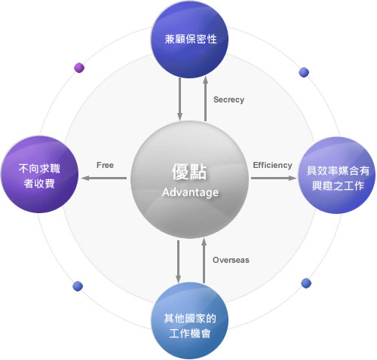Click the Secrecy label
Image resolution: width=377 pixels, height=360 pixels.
click(x=228, y=100)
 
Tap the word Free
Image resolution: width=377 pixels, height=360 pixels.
click(x=105, y=165)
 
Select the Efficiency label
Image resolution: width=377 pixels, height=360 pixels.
click(x=272, y=165)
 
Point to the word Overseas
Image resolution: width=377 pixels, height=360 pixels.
click(x=231, y=260)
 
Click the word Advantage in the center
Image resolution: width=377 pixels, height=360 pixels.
click(x=190, y=193)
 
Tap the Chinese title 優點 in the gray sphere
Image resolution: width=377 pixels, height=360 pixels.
click(x=189, y=172)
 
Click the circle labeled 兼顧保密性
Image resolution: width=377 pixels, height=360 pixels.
click(x=190, y=39)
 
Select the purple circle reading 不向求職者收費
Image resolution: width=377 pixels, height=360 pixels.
click(x=40, y=175)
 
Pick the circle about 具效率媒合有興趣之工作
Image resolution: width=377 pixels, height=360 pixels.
click(x=337, y=175)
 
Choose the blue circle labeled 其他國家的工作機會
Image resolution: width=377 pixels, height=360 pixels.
click(x=190, y=321)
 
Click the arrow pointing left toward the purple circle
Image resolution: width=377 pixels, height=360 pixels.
click(x=104, y=178)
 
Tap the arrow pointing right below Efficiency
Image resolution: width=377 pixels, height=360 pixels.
click(x=274, y=178)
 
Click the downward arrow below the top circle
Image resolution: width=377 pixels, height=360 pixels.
click(x=179, y=99)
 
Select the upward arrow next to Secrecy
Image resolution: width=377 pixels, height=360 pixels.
click(x=206, y=99)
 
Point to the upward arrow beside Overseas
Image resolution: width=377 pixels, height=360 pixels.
click(x=204, y=261)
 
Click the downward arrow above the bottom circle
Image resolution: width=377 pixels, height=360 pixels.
click(x=178, y=262)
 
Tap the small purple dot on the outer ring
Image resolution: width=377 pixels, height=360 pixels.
click(x=79, y=68)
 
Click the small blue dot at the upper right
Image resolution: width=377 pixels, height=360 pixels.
click(x=304, y=72)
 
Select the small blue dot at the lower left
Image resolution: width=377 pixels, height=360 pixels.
click(x=78, y=286)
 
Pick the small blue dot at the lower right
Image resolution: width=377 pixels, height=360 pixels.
click(x=306, y=283)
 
